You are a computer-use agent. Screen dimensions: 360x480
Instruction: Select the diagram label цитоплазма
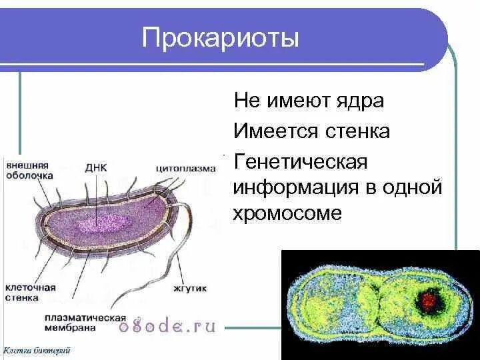186,168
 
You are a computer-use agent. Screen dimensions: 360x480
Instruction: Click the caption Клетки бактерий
37,350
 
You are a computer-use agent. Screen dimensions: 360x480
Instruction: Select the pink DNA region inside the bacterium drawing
99,224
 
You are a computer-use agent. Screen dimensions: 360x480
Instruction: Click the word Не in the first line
245,101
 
